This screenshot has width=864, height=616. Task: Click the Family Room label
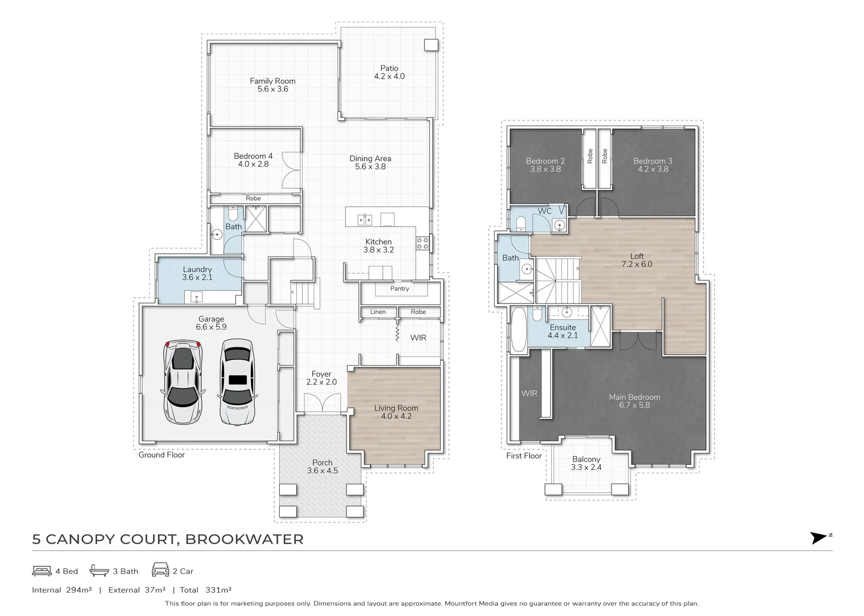(272, 81)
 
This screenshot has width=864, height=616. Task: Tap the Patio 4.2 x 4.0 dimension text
(389, 76)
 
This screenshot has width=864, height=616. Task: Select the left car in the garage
(183, 382)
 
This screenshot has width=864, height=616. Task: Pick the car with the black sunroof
(237, 382)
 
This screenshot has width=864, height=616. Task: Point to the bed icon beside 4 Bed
(42, 571)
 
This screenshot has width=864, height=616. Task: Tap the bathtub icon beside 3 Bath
(99, 570)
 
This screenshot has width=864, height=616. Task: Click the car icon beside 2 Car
(160, 570)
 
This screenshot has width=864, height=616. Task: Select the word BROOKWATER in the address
(244, 539)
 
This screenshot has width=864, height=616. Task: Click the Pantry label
(400, 288)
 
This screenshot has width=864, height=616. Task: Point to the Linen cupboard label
(378, 312)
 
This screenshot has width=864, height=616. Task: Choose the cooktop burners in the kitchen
(422, 243)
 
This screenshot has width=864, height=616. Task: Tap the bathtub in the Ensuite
(519, 329)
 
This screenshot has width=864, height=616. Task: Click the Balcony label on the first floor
(586, 459)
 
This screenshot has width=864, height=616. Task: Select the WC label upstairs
(545, 211)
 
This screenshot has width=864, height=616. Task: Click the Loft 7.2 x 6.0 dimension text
(637, 265)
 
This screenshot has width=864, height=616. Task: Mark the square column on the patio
(431, 45)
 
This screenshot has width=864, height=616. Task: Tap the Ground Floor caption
(162, 455)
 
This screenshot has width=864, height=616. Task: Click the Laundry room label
(197, 269)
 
